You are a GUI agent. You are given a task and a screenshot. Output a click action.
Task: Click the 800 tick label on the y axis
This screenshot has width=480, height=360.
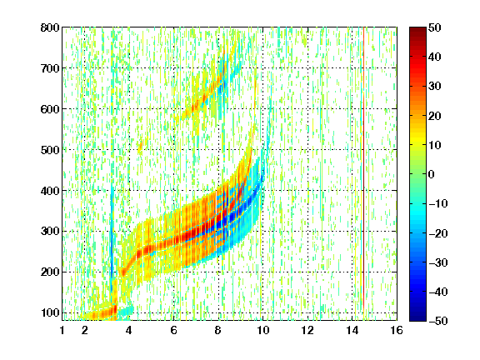(x=50, y=27)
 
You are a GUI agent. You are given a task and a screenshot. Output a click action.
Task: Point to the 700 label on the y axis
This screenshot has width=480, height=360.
(x=50, y=68)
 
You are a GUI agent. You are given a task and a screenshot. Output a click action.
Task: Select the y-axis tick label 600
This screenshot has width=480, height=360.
(x=50, y=109)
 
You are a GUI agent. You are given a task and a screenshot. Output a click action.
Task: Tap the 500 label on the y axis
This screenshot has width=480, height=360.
(x=50, y=150)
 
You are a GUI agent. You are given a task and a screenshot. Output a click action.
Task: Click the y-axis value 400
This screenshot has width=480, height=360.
(x=50, y=191)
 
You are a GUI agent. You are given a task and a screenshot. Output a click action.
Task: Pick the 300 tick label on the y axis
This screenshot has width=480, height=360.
(x=50, y=232)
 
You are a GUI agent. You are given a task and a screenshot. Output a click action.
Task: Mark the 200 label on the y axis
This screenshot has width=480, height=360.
(x=50, y=272)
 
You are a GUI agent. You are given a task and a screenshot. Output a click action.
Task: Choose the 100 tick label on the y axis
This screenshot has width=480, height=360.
(x=50, y=312)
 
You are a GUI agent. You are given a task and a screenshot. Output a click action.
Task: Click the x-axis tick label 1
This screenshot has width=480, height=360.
(x=62, y=330)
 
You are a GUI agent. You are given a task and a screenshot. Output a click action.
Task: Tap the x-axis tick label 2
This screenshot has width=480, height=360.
(x=85, y=330)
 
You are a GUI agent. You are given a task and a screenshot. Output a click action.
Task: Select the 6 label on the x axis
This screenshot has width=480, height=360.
(x=173, y=330)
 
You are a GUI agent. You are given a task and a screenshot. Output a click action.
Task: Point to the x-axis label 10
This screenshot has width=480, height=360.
(x=262, y=330)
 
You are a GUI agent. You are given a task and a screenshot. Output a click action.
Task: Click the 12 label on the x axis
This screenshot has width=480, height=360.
(x=307, y=330)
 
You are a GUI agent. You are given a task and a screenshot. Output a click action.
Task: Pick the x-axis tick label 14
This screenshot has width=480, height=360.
(x=352, y=330)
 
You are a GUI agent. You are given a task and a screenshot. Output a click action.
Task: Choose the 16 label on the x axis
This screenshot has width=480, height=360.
(x=397, y=330)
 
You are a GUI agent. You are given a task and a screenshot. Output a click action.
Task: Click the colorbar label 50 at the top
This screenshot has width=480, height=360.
(x=434, y=27)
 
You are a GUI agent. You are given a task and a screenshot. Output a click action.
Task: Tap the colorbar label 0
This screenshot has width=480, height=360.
(x=431, y=174)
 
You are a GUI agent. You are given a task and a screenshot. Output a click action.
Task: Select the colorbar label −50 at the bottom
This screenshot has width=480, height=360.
(x=438, y=321)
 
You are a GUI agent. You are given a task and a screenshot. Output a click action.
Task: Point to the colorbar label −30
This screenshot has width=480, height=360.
(x=438, y=262)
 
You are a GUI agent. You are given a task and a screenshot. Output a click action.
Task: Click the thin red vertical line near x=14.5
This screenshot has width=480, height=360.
(x=363, y=168)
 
